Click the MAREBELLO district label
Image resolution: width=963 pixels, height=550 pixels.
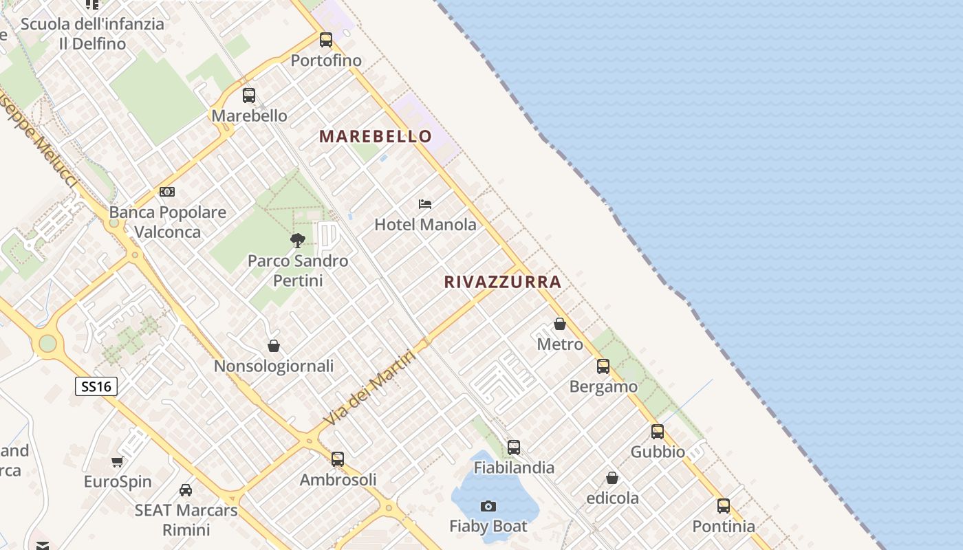coord(376,136)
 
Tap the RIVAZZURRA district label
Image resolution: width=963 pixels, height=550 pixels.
coord(503,282)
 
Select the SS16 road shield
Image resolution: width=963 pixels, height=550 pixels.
coord(96,386)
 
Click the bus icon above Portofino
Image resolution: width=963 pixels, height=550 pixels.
coord(326,40)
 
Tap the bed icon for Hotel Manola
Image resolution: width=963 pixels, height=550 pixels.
coord(425,204)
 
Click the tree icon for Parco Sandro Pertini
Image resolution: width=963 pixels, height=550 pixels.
coord(298,240)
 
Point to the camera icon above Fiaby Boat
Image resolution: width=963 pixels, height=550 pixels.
coord(488,507)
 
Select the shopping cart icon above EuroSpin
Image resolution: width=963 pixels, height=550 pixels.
coord(118,461)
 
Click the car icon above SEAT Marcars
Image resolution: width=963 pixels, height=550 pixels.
coord(186,490)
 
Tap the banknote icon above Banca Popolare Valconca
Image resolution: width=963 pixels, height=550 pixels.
coord(167,192)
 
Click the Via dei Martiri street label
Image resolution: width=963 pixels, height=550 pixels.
coord(370,388)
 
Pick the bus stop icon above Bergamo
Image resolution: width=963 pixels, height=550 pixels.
coord(603,366)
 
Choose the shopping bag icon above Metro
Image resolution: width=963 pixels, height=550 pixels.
coord(560,324)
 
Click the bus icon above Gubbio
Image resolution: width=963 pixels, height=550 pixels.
coord(658,432)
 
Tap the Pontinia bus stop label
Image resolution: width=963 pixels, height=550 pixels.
coord(724,527)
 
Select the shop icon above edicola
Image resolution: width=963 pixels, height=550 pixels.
coord(612,478)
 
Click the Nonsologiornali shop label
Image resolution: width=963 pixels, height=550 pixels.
coord(274,366)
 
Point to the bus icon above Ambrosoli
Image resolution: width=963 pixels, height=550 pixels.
coord(338,459)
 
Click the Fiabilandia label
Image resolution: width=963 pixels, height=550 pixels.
coord(514,467)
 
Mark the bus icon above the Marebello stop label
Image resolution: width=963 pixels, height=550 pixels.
coord(249,96)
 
